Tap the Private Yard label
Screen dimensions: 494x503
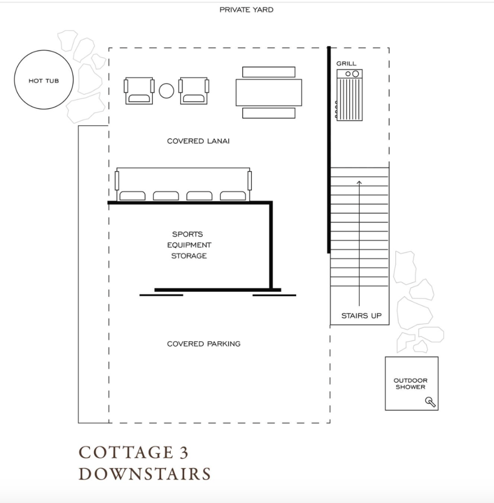[x=247, y=10]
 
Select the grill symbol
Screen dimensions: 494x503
[x=349, y=95]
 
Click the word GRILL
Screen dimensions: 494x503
[x=346, y=63]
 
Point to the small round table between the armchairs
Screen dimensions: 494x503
[x=166, y=91]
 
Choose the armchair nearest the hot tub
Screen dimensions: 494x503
[x=139, y=90]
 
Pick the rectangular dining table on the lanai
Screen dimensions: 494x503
[x=269, y=92]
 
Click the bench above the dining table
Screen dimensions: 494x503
[x=269, y=72]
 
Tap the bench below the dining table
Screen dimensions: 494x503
[x=269, y=113]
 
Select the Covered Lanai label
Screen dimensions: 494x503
[x=198, y=141]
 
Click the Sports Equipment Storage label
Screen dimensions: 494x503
[x=189, y=245]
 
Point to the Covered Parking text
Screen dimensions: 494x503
[x=204, y=343]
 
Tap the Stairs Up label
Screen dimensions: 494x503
[x=361, y=316]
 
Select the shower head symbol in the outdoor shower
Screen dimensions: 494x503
[x=430, y=402]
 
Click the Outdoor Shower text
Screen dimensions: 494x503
[x=411, y=384]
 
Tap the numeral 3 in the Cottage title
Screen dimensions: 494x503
[x=184, y=452]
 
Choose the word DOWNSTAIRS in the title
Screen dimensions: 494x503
[x=145, y=474]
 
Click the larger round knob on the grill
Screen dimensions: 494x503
[x=356, y=74]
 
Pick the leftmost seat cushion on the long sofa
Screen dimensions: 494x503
[x=132, y=196]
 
